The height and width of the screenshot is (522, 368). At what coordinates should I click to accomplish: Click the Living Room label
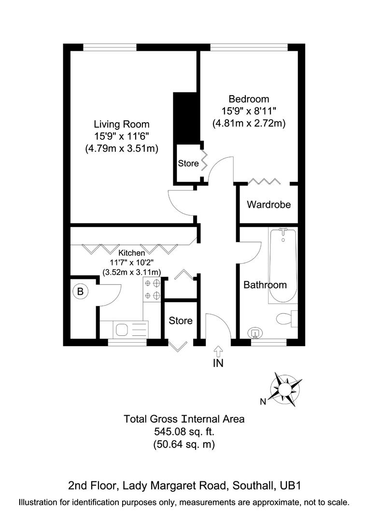pos(122,124)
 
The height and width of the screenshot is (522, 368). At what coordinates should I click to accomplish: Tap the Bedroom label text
pos(249,99)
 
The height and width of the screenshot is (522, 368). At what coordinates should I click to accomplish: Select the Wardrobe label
pos(269,204)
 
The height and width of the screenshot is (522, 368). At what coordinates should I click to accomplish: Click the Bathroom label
pos(265,285)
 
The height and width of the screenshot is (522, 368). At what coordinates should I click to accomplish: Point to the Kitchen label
pos(132,252)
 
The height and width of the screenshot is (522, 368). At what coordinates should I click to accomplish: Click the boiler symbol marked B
pos(80,291)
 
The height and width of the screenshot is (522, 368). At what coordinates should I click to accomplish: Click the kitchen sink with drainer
pos(129,330)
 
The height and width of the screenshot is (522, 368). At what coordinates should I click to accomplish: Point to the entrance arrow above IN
pos(218,350)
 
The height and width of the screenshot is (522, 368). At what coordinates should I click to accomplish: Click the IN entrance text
pos(218,363)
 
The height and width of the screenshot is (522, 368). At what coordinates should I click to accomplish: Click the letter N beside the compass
pos(263,401)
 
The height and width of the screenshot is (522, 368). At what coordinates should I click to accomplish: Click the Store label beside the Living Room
pos(188,163)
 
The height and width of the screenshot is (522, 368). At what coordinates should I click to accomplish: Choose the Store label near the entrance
pos(181,320)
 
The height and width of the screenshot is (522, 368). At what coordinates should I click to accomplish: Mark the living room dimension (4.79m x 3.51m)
pos(122,148)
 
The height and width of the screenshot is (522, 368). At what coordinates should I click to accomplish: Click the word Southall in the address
pos(252,485)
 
